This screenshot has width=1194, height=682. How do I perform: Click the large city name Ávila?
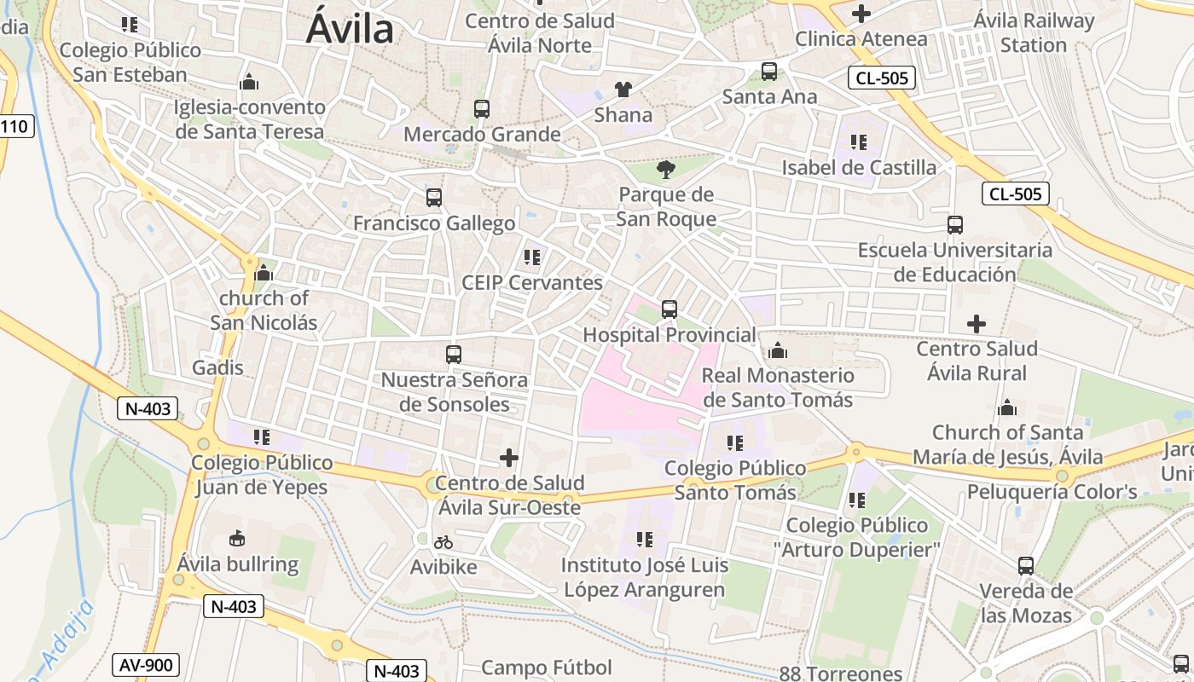click(x=350, y=30)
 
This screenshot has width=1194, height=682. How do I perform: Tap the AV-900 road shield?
click(x=145, y=665)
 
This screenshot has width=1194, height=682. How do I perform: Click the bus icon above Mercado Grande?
click(x=482, y=109)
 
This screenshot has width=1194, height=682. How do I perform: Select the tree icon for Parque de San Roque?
click(x=666, y=170)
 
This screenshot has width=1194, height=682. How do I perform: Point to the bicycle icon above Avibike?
click(x=443, y=542)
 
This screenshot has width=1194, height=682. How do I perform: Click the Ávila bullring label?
click(x=238, y=564)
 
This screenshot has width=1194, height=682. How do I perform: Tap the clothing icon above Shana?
click(x=623, y=90)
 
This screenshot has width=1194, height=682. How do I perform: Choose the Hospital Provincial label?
click(x=669, y=335)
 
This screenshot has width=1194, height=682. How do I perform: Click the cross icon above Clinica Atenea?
click(x=861, y=14)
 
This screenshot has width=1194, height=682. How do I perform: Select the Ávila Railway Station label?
click(x=1034, y=32)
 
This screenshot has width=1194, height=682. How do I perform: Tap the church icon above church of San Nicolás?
click(x=264, y=274)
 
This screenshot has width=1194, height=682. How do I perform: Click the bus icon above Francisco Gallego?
click(x=434, y=198)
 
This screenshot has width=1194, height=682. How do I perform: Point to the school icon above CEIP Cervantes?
click(x=532, y=257)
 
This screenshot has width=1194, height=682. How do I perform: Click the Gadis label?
click(x=218, y=368)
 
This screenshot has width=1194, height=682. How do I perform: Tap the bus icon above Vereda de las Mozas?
click(x=1026, y=566)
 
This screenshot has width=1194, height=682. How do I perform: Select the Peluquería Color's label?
click(x=1052, y=492)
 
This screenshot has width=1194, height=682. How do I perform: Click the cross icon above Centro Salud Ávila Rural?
click(x=977, y=324)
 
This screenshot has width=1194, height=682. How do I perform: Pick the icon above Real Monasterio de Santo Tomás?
click(x=777, y=350)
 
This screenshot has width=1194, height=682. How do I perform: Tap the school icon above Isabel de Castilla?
click(x=858, y=142)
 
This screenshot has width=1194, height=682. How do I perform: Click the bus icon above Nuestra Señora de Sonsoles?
click(x=454, y=354)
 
